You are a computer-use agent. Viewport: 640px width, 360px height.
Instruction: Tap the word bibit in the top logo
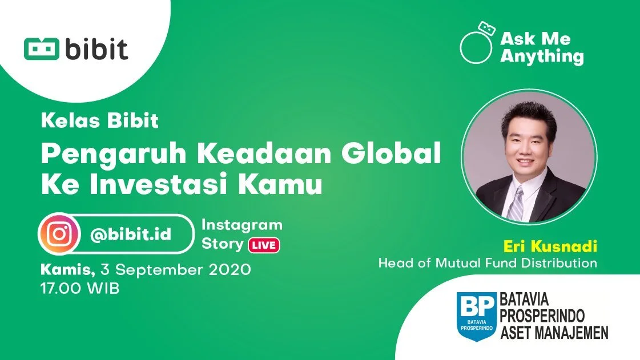(x=95, y=48)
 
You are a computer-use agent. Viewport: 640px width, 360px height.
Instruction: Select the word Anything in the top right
(x=542, y=56)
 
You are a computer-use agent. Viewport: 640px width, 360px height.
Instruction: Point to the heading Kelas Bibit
(x=99, y=121)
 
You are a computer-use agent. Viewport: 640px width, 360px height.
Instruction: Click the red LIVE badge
(x=263, y=245)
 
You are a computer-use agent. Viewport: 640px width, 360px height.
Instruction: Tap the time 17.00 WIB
(x=79, y=288)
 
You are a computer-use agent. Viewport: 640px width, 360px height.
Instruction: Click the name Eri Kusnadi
(x=550, y=246)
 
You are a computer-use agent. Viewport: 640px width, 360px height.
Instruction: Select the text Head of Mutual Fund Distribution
(x=487, y=263)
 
